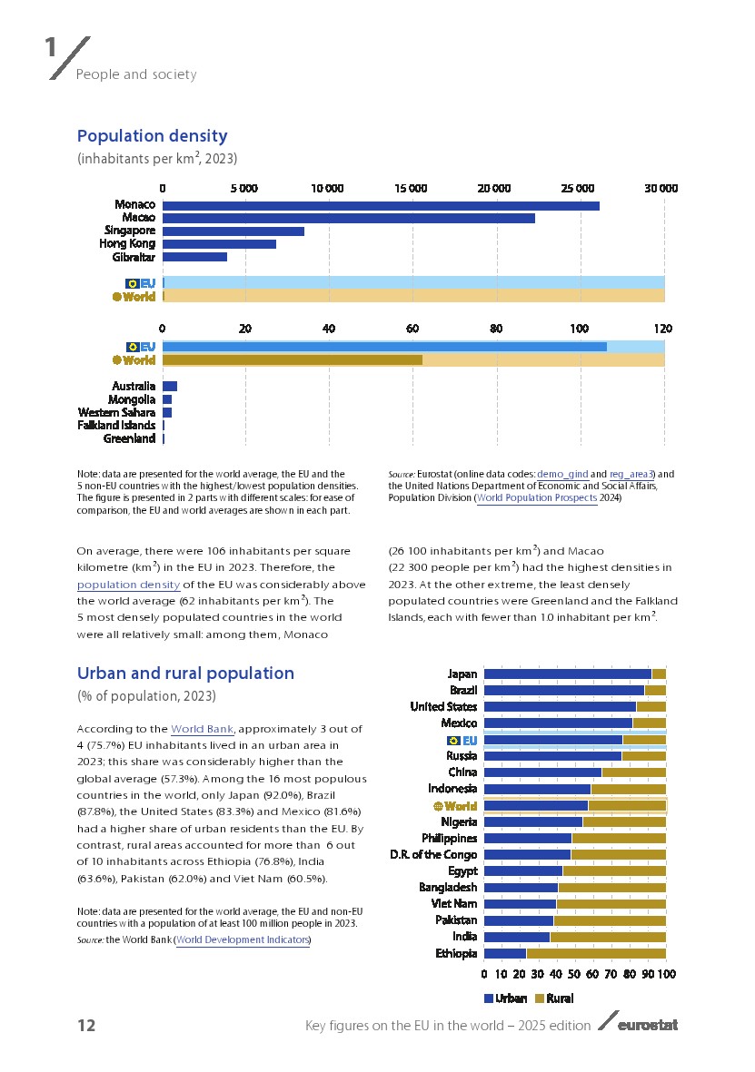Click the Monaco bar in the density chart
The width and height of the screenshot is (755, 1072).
381,205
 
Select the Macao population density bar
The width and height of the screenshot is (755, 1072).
349,218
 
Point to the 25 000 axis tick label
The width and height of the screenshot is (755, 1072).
578,188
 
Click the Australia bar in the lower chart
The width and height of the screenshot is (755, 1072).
170,387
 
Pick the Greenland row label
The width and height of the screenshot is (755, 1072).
129,439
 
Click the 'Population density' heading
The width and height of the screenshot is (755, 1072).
152,136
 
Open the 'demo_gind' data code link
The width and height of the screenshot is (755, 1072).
562,474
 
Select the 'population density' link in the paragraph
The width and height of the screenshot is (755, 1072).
128,585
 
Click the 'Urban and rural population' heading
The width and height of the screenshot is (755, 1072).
185,674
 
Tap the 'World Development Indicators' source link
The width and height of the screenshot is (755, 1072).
243,939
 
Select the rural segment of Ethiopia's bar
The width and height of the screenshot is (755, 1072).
596,953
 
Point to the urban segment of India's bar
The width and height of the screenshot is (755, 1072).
516,937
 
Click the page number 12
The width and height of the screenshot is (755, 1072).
86,1026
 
